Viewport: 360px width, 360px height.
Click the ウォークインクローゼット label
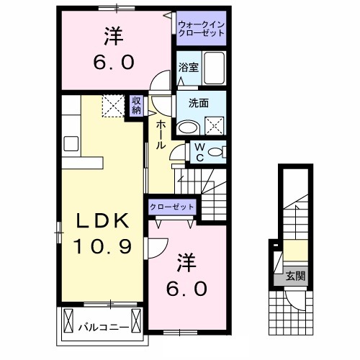202,28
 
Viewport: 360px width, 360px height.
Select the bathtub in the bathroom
213,68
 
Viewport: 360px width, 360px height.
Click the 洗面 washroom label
199,103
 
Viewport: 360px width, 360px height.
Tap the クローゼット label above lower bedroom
172,207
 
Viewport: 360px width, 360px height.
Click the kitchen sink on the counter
71,143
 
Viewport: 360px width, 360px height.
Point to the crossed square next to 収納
112,106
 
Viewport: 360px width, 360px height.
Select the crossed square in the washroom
214,127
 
